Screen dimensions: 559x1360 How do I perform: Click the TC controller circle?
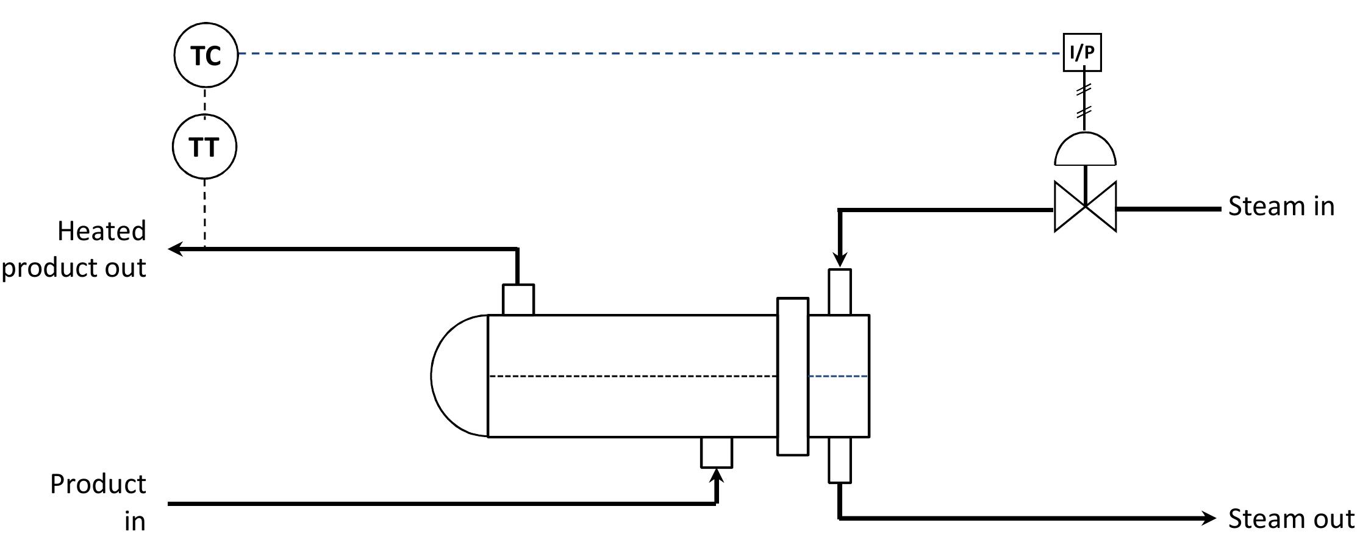(206, 55)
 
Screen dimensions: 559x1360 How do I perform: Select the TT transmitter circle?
(204, 148)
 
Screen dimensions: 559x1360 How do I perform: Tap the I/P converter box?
(1083, 53)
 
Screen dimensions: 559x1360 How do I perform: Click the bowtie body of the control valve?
(1086, 207)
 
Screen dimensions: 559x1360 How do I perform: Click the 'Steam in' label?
(1281, 206)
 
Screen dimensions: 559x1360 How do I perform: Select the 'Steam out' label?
(1290, 519)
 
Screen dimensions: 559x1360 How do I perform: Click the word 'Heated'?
(102, 231)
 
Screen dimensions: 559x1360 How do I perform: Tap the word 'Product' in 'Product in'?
(98, 484)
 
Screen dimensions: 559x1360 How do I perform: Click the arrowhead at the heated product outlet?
(176, 249)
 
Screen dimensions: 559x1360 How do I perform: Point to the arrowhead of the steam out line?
(1209, 518)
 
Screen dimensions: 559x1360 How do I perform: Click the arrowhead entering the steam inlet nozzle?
(840, 260)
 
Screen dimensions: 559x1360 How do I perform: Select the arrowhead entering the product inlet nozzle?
(717, 477)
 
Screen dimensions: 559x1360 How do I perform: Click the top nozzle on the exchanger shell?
(518, 299)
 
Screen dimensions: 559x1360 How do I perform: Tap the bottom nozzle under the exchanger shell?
(717, 452)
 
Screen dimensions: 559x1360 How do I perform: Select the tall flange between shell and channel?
(793, 376)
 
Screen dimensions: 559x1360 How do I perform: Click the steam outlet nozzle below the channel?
(840, 460)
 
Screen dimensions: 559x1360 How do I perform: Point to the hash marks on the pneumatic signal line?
(1084, 102)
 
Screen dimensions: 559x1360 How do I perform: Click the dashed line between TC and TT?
(205, 101)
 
